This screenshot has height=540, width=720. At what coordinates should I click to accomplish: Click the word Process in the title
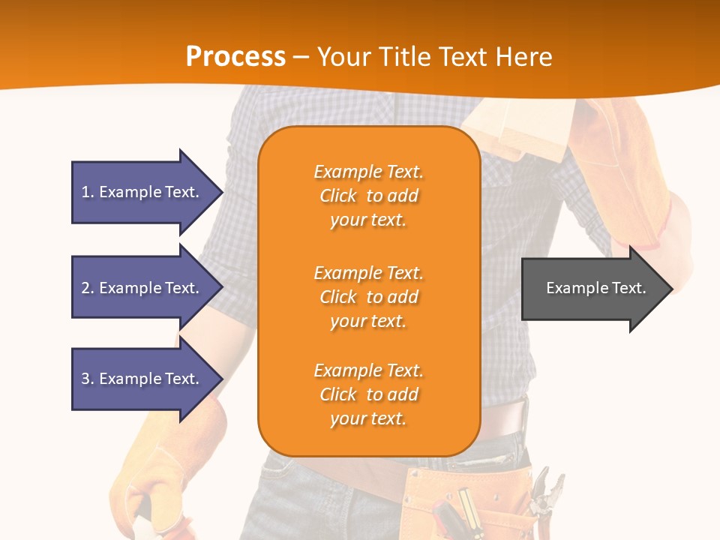point(235,57)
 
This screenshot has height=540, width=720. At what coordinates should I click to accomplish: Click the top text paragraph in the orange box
point(368,196)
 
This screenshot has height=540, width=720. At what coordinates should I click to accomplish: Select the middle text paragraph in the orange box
point(368,297)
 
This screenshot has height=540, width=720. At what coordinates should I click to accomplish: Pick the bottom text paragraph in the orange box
point(368,394)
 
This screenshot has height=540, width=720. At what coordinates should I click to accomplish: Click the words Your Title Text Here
point(434,57)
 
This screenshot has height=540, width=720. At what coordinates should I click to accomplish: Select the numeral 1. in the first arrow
point(87,192)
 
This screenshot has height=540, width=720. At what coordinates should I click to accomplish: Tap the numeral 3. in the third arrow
point(87,379)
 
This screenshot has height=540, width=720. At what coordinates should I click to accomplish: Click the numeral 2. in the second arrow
point(87,288)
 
